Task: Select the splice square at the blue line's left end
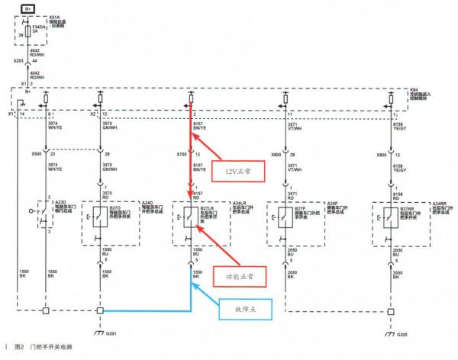pos(101,311)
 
